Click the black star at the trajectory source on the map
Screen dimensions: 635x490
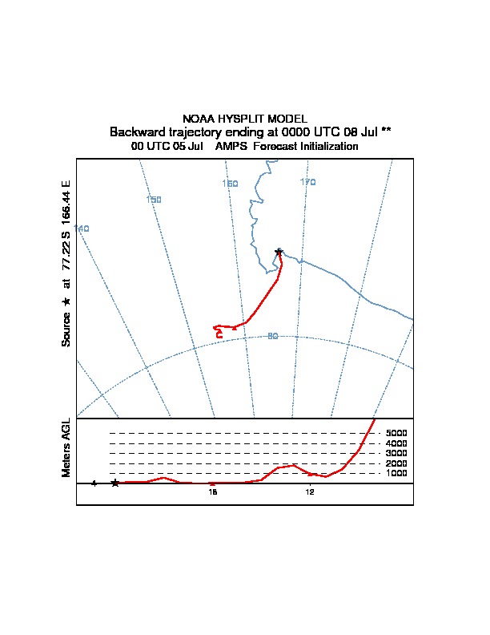click(x=279, y=252)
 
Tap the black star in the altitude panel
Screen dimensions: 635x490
click(x=115, y=483)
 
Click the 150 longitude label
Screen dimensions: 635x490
click(x=155, y=200)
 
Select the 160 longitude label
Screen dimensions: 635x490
click(x=230, y=184)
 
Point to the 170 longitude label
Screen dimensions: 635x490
click(x=308, y=182)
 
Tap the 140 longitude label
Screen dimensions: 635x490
click(x=82, y=229)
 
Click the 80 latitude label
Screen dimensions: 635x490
click(x=272, y=336)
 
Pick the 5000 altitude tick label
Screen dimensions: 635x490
click(x=396, y=433)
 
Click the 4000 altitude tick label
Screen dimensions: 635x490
click(x=396, y=443)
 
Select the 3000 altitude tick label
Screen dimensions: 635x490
click(x=396, y=454)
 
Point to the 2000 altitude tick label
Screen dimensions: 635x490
click(x=396, y=463)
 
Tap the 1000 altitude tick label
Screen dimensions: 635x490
click(x=396, y=474)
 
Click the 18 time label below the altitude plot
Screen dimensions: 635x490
click(x=213, y=492)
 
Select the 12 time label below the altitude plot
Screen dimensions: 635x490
click(x=310, y=492)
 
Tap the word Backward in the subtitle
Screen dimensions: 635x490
click(x=137, y=131)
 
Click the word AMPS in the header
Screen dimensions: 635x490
click(x=231, y=147)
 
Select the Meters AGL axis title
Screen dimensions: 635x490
click(x=67, y=447)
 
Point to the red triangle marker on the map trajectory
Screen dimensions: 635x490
click(x=234, y=327)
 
